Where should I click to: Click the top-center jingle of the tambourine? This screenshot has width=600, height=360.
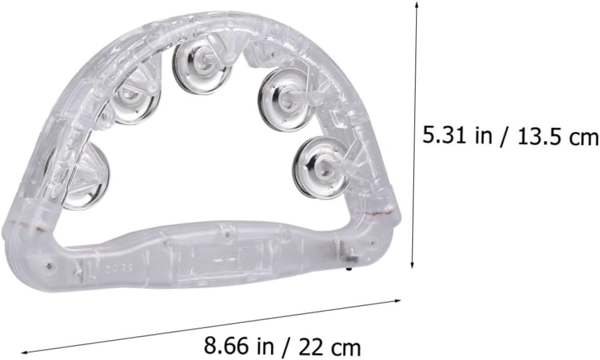point(201,67)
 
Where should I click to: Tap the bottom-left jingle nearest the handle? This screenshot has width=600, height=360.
point(86,176)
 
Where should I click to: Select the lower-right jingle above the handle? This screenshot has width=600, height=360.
point(322,168)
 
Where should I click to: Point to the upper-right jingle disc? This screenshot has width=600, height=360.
point(284,100)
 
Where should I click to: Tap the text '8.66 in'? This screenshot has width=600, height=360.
point(239,345)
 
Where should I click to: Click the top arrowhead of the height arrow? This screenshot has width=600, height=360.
point(417,3)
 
